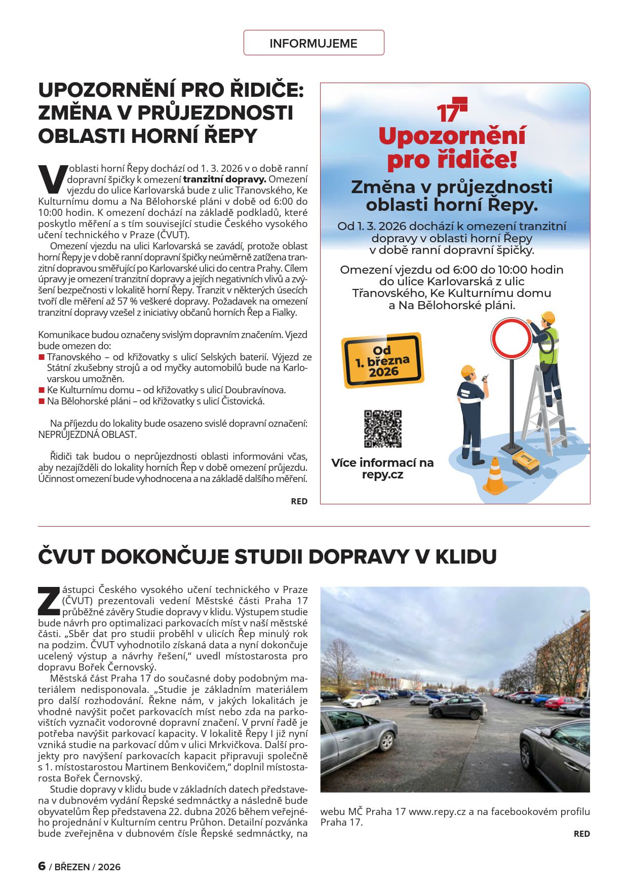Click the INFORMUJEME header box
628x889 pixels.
point(313,43)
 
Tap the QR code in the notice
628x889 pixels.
point(382,429)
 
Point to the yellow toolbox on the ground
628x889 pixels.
point(525,462)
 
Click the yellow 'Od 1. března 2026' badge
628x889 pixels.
point(382,361)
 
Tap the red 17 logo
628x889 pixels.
point(451,109)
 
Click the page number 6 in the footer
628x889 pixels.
point(42,866)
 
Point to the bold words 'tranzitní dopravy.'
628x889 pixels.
point(224,179)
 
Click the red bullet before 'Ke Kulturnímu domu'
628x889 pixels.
point(42,390)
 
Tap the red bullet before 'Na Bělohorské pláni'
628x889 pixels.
point(42,401)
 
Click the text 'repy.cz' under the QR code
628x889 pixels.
point(382,475)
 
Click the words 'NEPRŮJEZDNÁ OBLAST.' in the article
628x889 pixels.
point(87,434)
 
